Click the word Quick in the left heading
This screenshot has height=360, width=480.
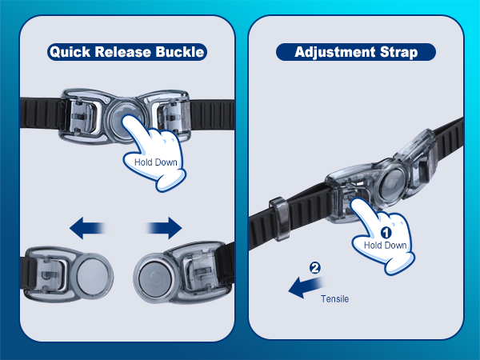(70, 52)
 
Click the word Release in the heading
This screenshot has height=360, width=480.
(122, 51)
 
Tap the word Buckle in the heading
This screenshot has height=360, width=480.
(180, 51)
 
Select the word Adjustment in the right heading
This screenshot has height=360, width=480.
(335, 52)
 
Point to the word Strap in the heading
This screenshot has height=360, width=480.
(399, 52)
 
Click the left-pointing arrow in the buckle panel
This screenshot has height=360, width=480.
(88, 228)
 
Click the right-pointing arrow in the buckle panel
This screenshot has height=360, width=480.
(164, 228)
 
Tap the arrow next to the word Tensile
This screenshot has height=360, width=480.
(306, 286)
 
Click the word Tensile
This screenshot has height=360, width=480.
(334, 298)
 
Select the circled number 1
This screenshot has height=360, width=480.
(386, 233)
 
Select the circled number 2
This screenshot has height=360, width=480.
(314, 268)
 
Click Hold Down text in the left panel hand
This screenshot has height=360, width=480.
(156, 162)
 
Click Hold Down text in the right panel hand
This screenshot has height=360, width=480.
(385, 246)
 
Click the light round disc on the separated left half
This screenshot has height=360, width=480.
(93, 274)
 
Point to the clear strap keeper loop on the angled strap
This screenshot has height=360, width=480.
(280, 218)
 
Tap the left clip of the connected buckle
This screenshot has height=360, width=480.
(83, 116)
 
